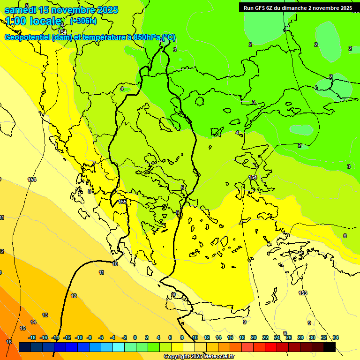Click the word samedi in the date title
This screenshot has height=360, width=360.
point(19,9)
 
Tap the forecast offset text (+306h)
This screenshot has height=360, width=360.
point(83,21)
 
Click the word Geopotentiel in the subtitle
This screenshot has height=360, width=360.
point(27,37)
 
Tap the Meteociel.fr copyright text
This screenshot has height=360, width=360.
point(199,356)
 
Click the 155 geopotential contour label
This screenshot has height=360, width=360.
point(122,202)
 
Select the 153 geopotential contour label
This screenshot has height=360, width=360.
point(303,293)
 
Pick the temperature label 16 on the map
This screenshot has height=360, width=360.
point(8,342)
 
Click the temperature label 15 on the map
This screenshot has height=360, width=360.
point(22,328)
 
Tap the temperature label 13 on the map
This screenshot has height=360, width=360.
point(45,315)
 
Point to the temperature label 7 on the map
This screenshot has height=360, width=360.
point(94,163)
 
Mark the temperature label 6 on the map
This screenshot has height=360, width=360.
point(345,236)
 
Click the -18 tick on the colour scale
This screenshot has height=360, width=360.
point(32,337)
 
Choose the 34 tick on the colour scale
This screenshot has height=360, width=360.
point(336,337)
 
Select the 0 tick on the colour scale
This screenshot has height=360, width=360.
point(135,337)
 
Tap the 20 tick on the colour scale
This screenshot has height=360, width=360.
point(254,337)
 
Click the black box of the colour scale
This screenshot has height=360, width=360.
point(329,347)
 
